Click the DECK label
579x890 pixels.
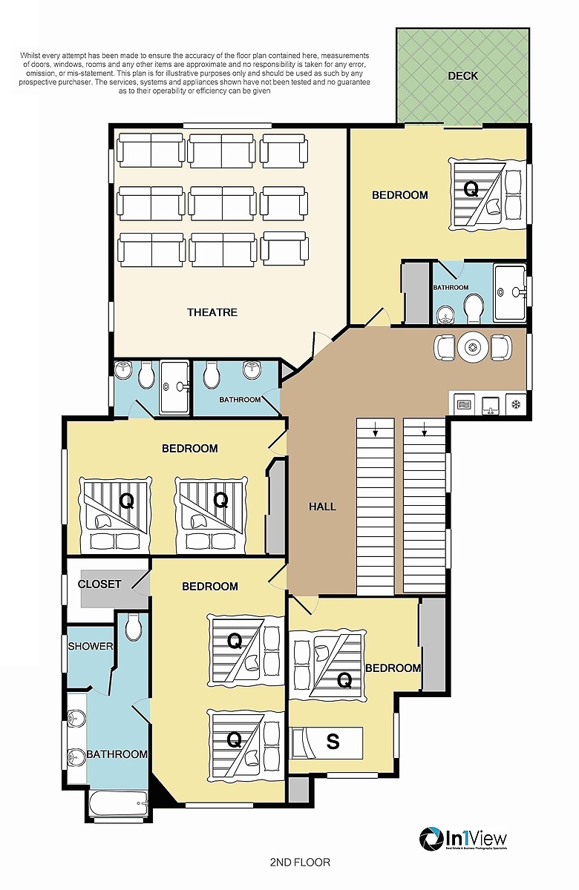click(x=463, y=76)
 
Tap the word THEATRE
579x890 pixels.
click(x=212, y=312)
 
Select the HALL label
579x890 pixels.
click(x=322, y=507)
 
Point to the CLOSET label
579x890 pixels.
click(x=99, y=584)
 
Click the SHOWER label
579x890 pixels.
click(x=91, y=646)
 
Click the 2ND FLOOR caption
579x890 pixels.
click(x=300, y=863)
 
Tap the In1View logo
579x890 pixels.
click(x=463, y=839)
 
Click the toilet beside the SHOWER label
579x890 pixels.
click(x=134, y=628)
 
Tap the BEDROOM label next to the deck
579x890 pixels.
click(x=399, y=195)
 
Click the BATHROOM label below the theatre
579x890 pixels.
click(x=240, y=400)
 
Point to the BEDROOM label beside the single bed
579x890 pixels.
click(x=393, y=668)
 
